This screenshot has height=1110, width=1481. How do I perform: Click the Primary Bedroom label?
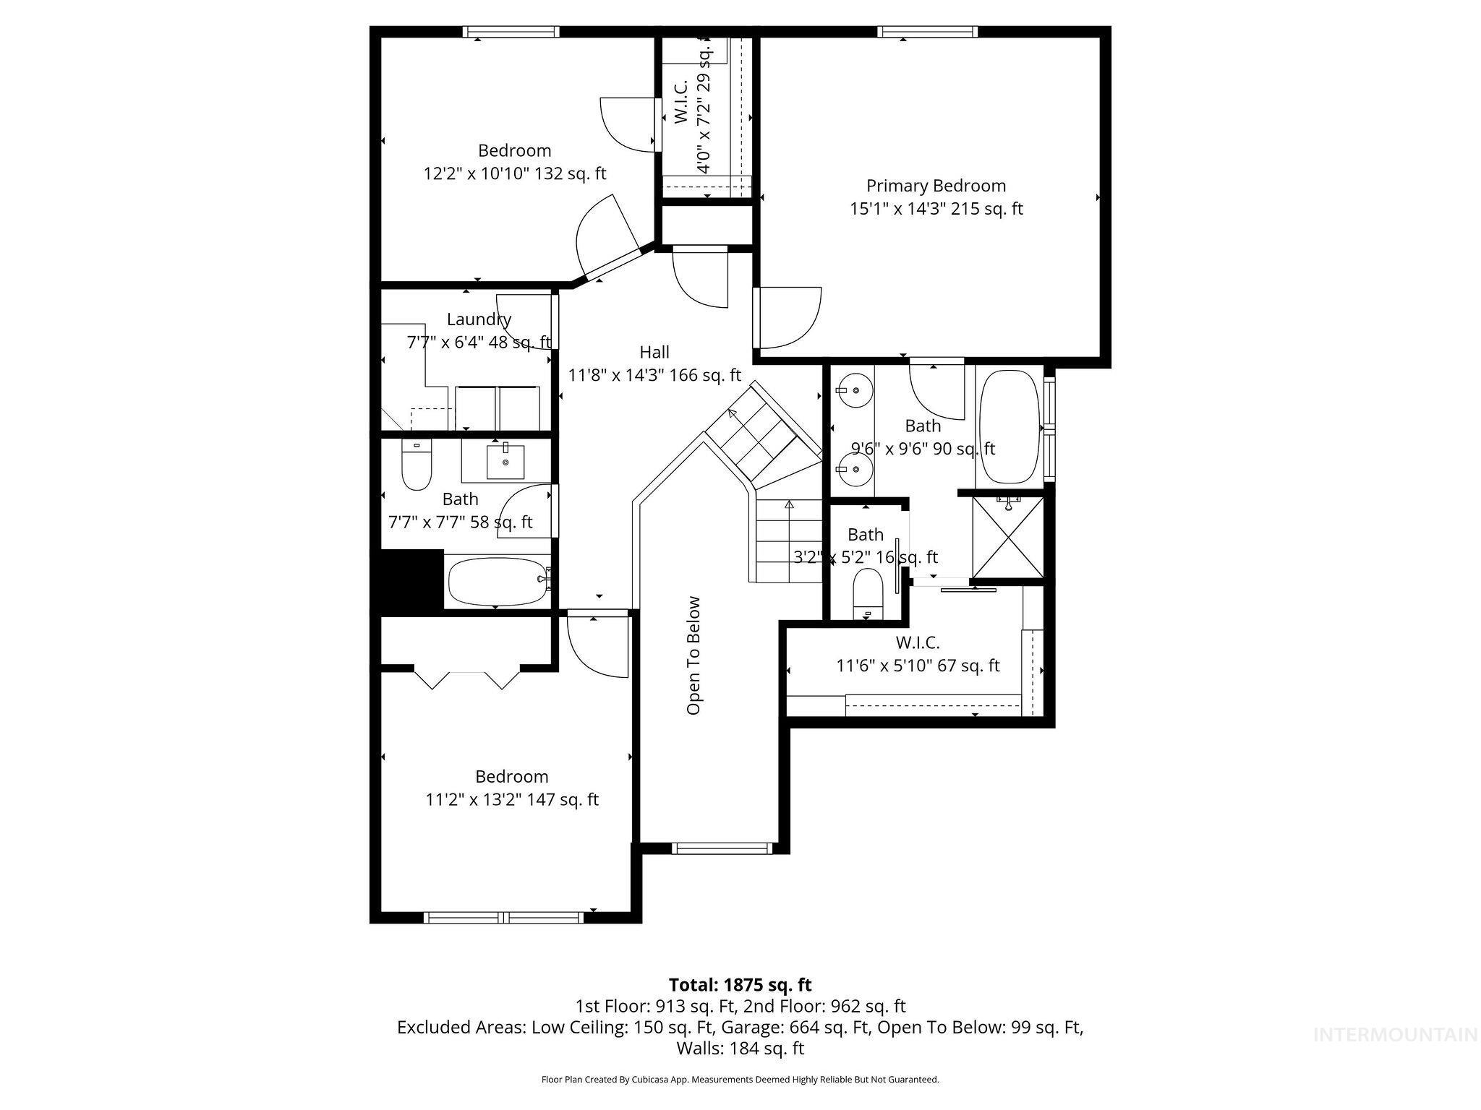click(936, 186)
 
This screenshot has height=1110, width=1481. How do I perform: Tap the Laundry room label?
click(479, 319)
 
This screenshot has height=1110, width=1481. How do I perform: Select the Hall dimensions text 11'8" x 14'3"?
click(654, 375)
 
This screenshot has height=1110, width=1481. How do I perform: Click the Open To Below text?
click(693, 655)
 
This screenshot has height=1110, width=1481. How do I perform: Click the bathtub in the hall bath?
click(498, 582)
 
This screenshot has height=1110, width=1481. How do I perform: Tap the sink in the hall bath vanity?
click(505, 462)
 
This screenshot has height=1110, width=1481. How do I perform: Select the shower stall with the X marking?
click(1008, 537)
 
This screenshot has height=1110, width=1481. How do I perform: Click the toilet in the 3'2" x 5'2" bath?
click(868, 595)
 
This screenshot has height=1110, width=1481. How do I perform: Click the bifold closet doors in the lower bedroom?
click(466, 679)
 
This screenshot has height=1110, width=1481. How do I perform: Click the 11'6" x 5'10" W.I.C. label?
click(918, 654)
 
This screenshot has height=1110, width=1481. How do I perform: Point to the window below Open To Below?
click(722, 848)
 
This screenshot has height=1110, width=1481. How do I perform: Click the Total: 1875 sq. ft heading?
click(740, 985)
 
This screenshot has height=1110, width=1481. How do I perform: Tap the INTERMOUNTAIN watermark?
click(1395, 1035)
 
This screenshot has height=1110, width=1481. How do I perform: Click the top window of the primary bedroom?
click(928, 32)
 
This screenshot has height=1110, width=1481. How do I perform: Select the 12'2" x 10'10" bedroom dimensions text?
click(514, 173)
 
